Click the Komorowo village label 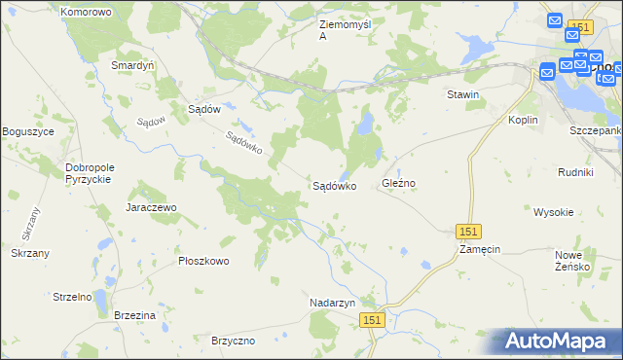point(86,13)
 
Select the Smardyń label point(133,65)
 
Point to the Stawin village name point(462,94)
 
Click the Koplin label point(523,119)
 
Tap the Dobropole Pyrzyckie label point(90,173)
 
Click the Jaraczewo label point(150,208)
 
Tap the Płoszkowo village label point(203,261)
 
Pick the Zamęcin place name point(480,249)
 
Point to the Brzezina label point(134,316)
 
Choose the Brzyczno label point(233,341)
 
